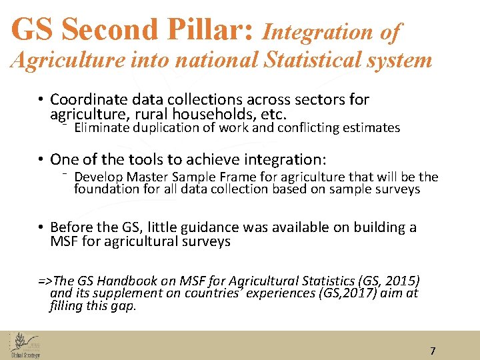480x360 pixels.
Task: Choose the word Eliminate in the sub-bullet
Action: tap(101, 127)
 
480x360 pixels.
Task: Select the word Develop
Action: tap(97, 177)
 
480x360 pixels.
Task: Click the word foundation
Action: tap(104, 189)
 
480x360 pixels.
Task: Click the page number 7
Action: tap(433, 351)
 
